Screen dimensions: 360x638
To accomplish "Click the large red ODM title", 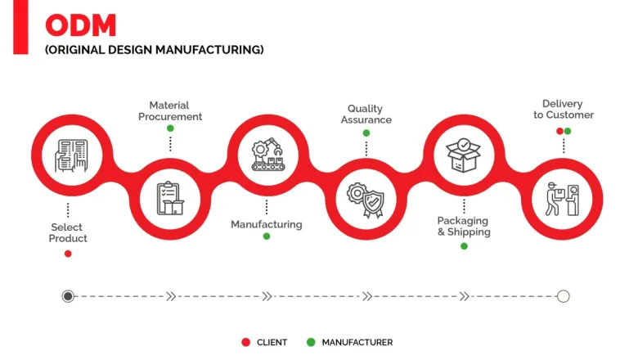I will point(81,25).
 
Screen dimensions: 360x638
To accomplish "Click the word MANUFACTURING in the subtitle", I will point(217,50).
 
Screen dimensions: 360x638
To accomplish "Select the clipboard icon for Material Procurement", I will point(169,197).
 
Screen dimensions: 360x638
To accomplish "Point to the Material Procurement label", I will point(169,110).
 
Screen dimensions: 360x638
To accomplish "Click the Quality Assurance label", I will point(366,114).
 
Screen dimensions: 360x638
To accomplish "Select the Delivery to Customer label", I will point(563,109).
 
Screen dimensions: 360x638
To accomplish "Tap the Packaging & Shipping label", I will point(464,226).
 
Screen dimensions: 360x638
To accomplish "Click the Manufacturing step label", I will point(266,224).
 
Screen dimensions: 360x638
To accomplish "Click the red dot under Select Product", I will point(68,254).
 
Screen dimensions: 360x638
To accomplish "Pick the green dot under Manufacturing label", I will point(266,236).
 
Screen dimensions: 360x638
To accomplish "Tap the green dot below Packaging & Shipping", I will point(464,245).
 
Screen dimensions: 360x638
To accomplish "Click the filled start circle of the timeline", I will point(68,296).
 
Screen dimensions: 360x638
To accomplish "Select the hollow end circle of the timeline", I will point(563,296).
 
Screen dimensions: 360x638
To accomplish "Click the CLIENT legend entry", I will point(265,342).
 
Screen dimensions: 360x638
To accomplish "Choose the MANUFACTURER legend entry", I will point(350,342).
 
